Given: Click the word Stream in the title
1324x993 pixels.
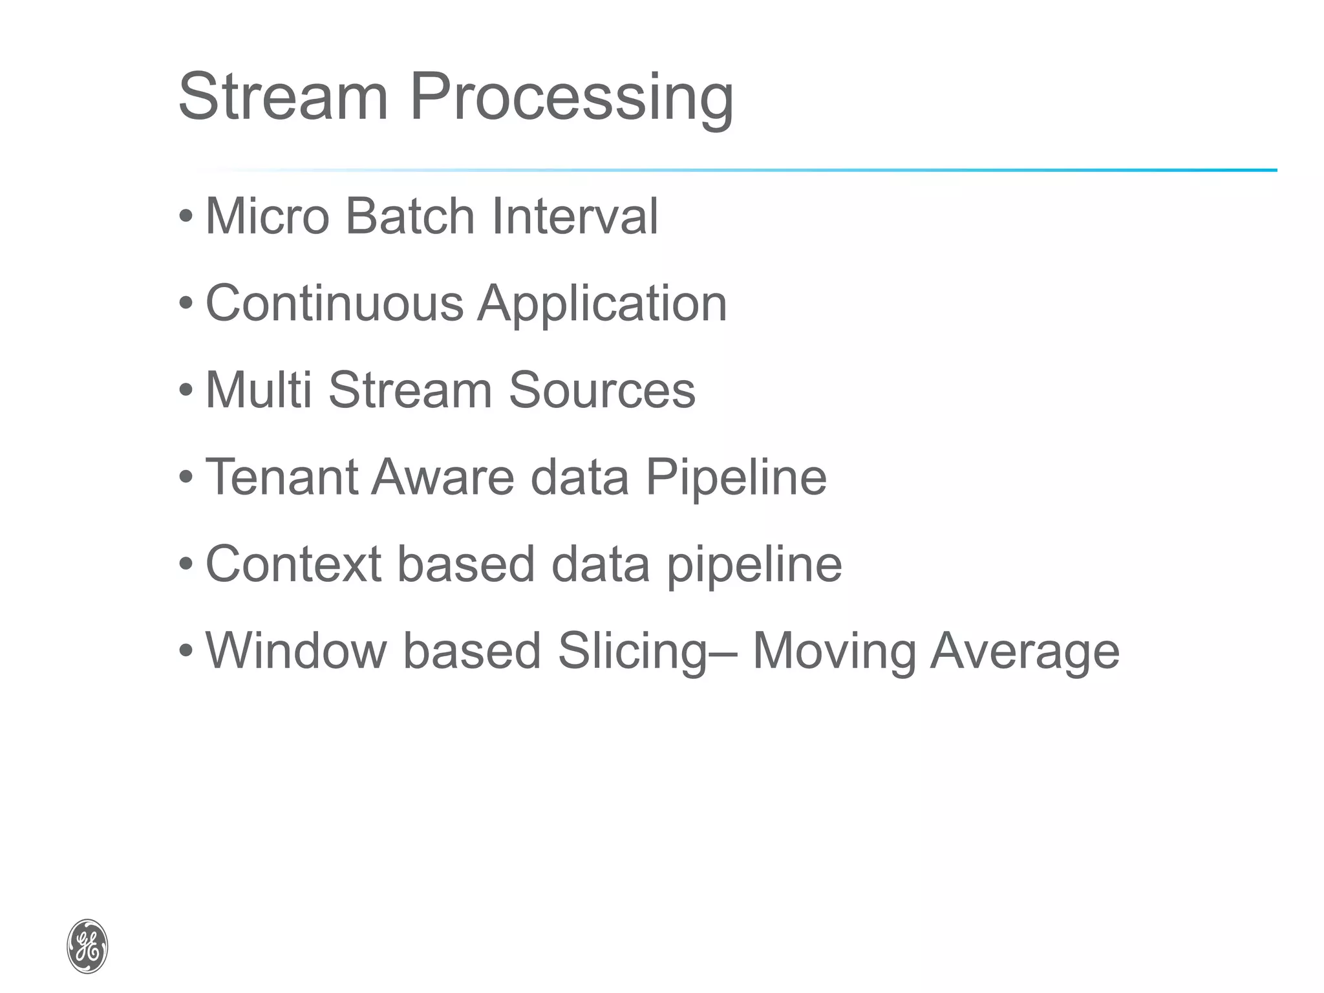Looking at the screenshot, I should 283,97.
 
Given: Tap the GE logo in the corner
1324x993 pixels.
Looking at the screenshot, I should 87,946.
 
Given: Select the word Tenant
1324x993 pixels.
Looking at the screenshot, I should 281,477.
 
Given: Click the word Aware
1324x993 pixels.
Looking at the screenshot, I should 443,477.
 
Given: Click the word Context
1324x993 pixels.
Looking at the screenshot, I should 293,564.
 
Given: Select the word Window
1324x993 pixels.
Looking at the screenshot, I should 295,650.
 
